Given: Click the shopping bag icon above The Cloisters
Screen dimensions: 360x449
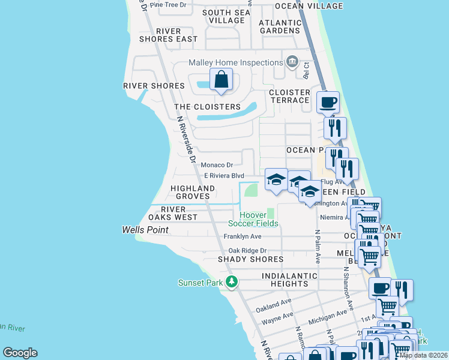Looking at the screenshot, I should [221, 79].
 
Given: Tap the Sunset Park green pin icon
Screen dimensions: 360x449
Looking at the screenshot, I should [232, 282].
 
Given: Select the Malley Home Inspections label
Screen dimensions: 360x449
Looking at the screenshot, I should [235, 62].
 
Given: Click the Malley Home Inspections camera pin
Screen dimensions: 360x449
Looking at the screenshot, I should [292, 62].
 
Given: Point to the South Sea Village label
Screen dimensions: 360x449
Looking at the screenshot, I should [224, 16].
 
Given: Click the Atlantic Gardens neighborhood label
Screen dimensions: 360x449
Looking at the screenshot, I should [279, 26].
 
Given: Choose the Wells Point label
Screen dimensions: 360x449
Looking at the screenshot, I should [145, 230].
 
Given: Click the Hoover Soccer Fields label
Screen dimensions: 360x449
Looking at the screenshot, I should [259, 220].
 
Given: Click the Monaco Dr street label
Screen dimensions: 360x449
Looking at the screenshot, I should [217, 165].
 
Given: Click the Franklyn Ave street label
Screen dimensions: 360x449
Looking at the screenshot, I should [243, 237].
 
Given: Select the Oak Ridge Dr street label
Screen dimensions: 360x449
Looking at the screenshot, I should [247, 251].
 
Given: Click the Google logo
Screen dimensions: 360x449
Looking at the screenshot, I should [20, 352].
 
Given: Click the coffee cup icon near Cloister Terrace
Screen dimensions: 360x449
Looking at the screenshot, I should [328, 102].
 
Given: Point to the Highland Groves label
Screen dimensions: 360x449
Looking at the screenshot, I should [193, 192].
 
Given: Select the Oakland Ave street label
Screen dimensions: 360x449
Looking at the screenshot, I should [273, 305].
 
